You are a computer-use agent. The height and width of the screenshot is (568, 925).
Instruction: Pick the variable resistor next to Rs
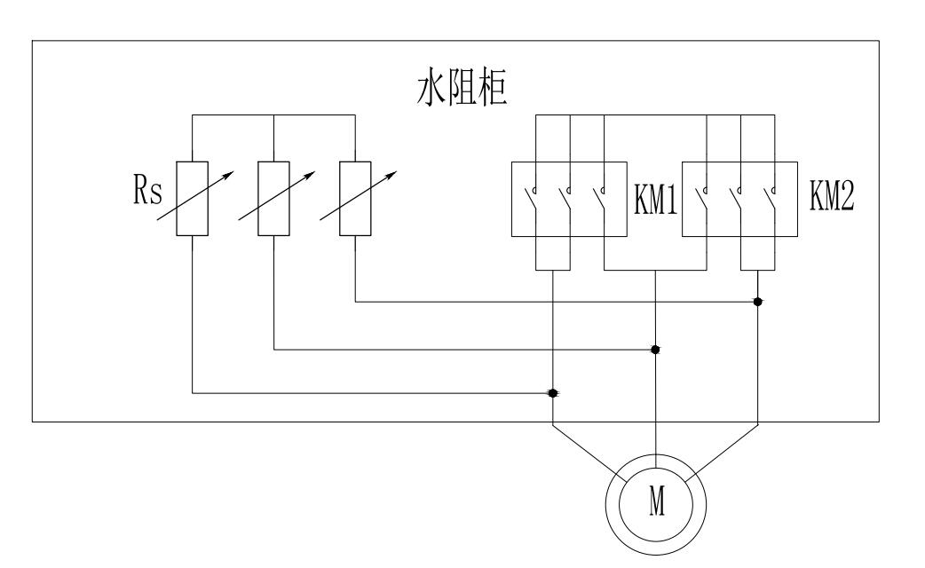tap(193, 200)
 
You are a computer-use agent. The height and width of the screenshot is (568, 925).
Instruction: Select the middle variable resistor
tap(274, 200)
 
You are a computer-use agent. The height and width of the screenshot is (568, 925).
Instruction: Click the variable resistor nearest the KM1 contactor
tap(355, 200)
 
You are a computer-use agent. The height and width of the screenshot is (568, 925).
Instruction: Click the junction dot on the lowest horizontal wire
tap(553, 392)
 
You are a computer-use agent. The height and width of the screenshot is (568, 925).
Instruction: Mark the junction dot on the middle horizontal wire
tap(655, 349)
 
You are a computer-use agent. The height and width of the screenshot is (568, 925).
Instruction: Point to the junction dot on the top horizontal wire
tap(757, 302)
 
